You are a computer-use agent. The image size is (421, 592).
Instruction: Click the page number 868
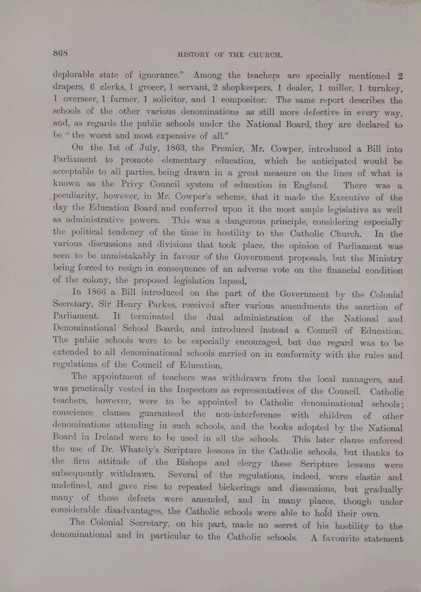pyautogui.click(x=62, y=53)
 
